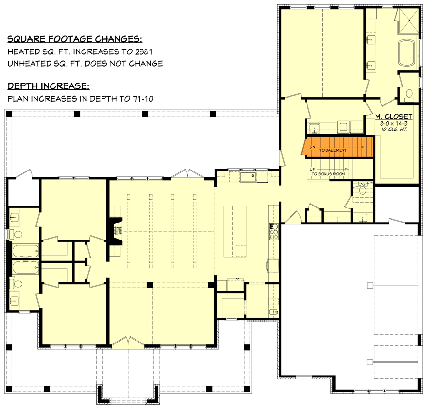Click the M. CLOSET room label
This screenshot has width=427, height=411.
click(393, 117)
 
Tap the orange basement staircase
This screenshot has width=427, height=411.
click(338, 147)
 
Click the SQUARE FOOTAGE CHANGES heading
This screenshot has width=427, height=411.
click(75, 39)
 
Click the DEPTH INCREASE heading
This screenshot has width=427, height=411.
click(48, 86)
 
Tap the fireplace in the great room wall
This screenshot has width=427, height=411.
click(116, 231)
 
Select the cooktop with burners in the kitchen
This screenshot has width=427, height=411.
click(274, 232)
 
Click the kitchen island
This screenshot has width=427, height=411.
click(235, 231)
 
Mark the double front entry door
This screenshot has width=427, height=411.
click(127, 342)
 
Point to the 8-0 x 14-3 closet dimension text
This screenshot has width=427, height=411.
click(393, 124)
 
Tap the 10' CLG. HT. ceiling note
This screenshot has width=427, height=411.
click(393, 130)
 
